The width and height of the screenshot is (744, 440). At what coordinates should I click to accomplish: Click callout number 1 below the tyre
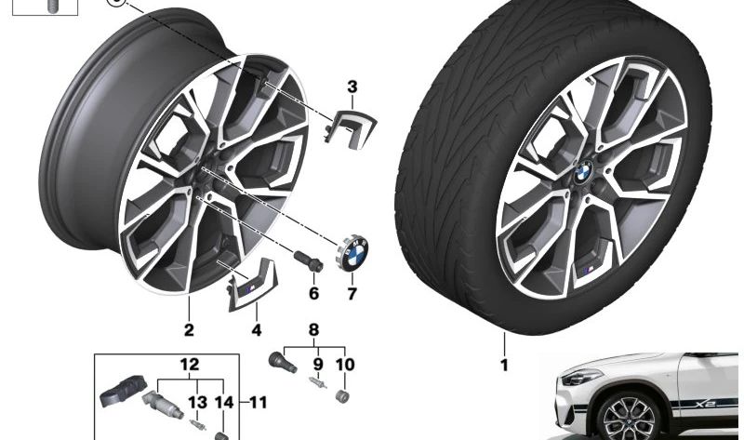(x=504, y=365)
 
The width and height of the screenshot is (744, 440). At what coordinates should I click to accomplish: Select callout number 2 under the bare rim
(x=189, y=330)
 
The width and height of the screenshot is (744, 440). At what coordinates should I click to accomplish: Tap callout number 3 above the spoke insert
(x=352, y=87)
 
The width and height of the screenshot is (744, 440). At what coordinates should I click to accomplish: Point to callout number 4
(x=257, y=330)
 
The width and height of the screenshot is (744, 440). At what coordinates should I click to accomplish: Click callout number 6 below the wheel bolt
(x=313, y=293)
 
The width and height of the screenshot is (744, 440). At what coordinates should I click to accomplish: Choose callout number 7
(x=352, y=294)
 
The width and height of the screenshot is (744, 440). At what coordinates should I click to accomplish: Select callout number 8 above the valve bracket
(x=313, y=329)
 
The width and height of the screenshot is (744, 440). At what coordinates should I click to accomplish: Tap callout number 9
(x=318, y=365)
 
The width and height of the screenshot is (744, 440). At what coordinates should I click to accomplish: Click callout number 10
(x=345, y=365)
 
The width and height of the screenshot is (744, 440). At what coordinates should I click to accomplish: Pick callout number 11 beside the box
(x=259, y=403)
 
